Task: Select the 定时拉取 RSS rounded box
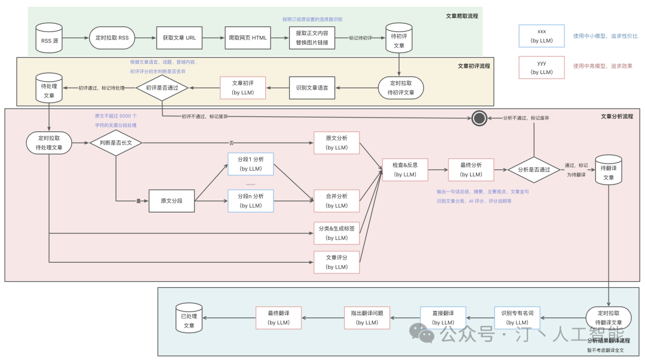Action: pyautogui.click(x=111, y=38)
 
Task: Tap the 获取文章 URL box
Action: pyautogui.click(x=179, y=38)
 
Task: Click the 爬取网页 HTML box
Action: pyautogui.click(x=247, y=38)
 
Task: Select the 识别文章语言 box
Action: pyautogui.click(x=312, y=88)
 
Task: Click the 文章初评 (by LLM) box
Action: pyautogui.click(x=242, y=88)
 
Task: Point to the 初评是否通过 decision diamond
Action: pyautogui.click(x=162, y=88)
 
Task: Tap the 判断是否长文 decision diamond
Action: pyautogui.click(x=116, y=142)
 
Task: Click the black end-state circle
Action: pyautogui.click(x=478, y=118)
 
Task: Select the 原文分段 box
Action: pyautogui.click(x=172, y=201)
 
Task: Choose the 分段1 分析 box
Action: pyautogui.click(x=251, y=164)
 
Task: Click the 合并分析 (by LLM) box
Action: pyautogui.click(x=337, y=201)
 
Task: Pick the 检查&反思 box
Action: pyautogui.click(x=406, y=170)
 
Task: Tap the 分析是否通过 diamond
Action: pyautogui.click(x=534, y=170)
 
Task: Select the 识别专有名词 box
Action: pyautogui.click(x=517, y=318)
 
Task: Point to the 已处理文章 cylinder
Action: pyautogui.click(x=189, y=320)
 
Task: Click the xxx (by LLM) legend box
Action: pyautogui.click(x=542, y=36)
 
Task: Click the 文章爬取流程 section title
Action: pyautogui.click(x=462, y=16)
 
